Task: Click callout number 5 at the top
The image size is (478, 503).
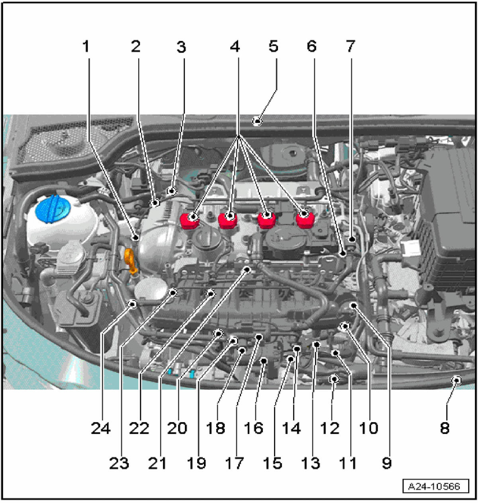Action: (x=273, y=46)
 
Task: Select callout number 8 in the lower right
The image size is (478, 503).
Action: (x=445, y=428)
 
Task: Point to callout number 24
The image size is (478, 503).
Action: (x=100, y=428)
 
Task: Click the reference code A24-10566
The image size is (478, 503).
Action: (x=434, y=487)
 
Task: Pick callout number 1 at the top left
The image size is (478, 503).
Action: (x=86, y=47)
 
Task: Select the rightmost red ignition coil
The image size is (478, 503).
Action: (x=305, y=219)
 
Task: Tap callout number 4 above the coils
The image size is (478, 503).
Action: (x=235, y=47)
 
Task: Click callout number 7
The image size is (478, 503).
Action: (x=350, y=46)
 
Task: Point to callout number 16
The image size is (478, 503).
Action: (x=253, y=428)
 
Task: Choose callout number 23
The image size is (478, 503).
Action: (x=119, y=463)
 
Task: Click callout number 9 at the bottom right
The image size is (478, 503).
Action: (x=386, y=463)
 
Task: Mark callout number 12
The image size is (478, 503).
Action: (x=330, y=428)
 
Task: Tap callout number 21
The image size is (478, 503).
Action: (x=157, y=463)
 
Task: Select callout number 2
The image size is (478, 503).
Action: (x=135, y=47)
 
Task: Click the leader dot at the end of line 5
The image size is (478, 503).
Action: (x=258, y=120)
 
